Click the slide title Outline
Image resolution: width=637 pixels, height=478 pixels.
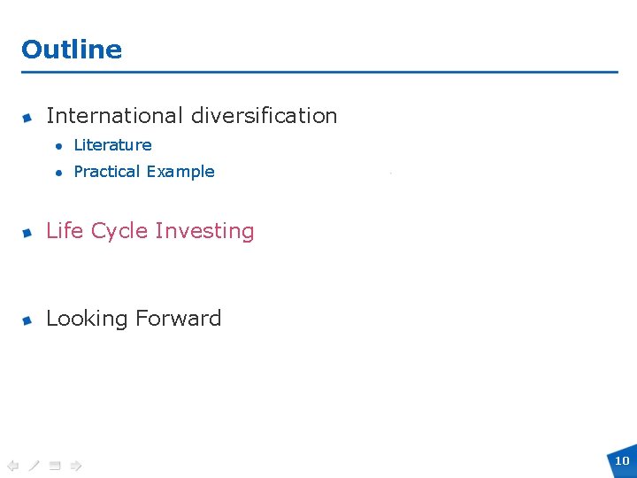72,50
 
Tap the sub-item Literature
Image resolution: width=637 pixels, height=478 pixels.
112,145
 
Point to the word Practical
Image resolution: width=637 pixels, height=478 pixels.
107,172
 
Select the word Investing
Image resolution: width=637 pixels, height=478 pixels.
204,232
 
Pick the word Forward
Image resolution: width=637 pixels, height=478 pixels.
186,319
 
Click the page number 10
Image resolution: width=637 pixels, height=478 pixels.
622,460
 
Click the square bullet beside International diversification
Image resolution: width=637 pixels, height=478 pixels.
28,118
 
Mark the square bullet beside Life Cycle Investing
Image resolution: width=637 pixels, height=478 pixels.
28,233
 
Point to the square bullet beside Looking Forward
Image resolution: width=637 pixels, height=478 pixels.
28,320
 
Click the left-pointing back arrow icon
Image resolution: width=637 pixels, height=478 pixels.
12,464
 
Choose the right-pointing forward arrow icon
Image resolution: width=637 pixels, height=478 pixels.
76,464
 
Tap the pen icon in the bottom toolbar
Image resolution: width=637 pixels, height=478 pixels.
34,464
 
